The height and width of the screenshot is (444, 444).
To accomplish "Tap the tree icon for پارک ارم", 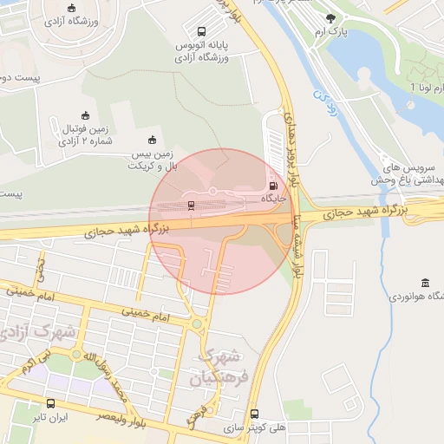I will [330, 17].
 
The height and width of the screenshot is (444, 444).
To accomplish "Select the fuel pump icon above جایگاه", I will [274, 185].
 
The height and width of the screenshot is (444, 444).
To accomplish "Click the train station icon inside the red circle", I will [191, 205].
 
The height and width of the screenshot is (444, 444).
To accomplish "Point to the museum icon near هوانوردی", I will [424, 283].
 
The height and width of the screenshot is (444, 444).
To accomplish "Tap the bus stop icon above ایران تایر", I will [50, 403].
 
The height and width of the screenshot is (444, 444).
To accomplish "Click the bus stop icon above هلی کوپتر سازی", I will [254, 415].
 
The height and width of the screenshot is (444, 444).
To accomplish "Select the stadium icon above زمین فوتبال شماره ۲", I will [85, 115].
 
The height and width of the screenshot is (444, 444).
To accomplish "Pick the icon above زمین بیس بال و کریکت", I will [153, 140].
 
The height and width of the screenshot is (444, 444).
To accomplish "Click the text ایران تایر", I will [50, 417].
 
